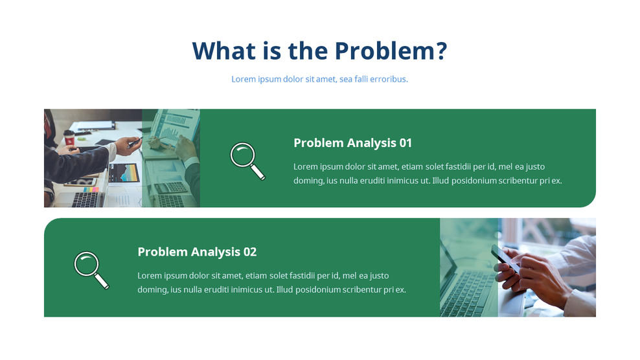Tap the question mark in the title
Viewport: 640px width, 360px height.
click(x=441, y=51)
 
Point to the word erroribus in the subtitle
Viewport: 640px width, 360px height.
click(x=387, y=79)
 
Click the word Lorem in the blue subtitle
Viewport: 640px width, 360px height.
click(x=244, y=79)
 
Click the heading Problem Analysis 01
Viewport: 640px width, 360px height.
click(x=352, y=142)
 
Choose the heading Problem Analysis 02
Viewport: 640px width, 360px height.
click(x=197, y=252)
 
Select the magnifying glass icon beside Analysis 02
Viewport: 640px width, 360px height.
click(x=91, y=269)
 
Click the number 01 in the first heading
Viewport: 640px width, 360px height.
click(x=406, y=142)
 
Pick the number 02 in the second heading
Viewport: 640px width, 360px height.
click(x=250, y=252)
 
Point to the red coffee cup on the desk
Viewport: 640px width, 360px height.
click(x=69, y=137)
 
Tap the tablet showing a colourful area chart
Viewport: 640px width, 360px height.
click(x=124, y=173)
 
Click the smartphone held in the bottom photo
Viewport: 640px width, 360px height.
click(x=502, y=255)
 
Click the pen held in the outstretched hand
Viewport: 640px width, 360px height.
click(x=135, y=141)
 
